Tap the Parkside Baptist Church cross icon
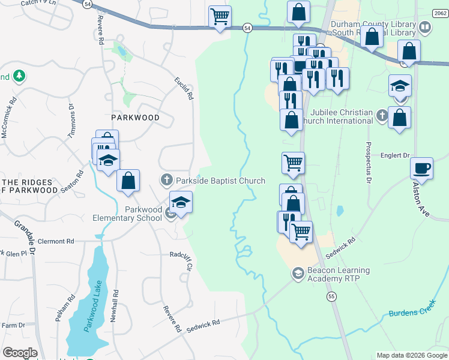click(166, 179)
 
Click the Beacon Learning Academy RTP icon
click(297, 274)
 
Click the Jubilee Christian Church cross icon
click(382, 114)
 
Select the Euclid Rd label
click(184, 88)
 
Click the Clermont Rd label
click(55, 241)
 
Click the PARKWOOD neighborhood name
click(135, 118)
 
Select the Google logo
click(20, 353)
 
